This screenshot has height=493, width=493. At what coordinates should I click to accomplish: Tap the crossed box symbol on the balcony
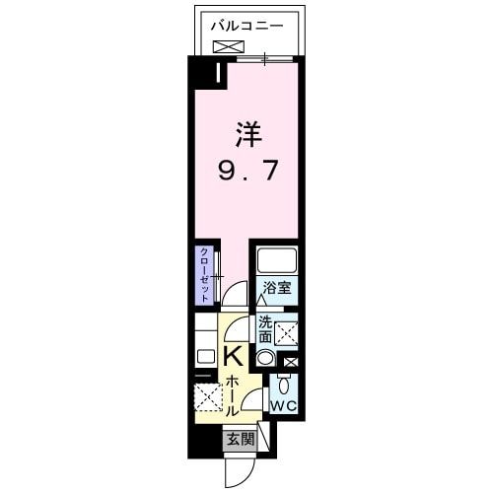(226, 45)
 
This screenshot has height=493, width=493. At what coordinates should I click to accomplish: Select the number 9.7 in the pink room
(247, 171)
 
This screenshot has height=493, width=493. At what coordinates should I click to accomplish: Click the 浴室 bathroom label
(276, 288)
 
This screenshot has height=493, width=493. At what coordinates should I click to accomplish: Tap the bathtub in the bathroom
(276, 261)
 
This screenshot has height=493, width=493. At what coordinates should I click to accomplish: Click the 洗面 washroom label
(265, 329)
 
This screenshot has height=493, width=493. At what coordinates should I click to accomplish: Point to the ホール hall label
(231, 393)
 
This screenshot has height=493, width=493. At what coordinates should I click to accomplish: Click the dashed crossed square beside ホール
(209, 398)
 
